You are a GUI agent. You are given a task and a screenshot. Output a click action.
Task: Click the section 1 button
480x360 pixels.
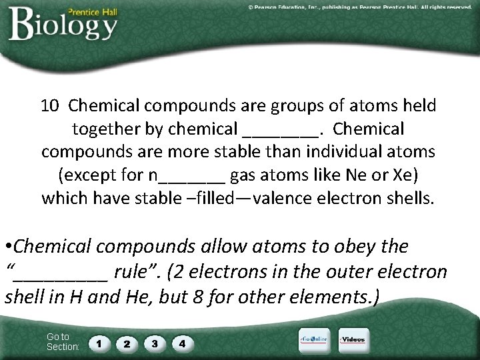99,344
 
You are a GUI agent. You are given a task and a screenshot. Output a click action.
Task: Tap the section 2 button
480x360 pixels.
126,344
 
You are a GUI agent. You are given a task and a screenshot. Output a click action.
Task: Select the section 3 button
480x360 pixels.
154,344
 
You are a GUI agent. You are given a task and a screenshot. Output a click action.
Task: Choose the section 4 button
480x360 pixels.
182,344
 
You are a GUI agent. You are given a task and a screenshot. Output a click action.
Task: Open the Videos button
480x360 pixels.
353,340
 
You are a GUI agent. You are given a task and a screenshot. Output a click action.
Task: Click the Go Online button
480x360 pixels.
313,340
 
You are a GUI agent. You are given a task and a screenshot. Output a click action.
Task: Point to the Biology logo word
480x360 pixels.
63,25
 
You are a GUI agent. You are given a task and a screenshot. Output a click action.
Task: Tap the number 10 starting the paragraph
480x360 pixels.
50,105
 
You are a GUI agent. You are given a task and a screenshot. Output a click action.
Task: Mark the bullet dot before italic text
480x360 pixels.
8,247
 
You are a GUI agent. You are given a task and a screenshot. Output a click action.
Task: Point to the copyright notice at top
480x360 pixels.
360,7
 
